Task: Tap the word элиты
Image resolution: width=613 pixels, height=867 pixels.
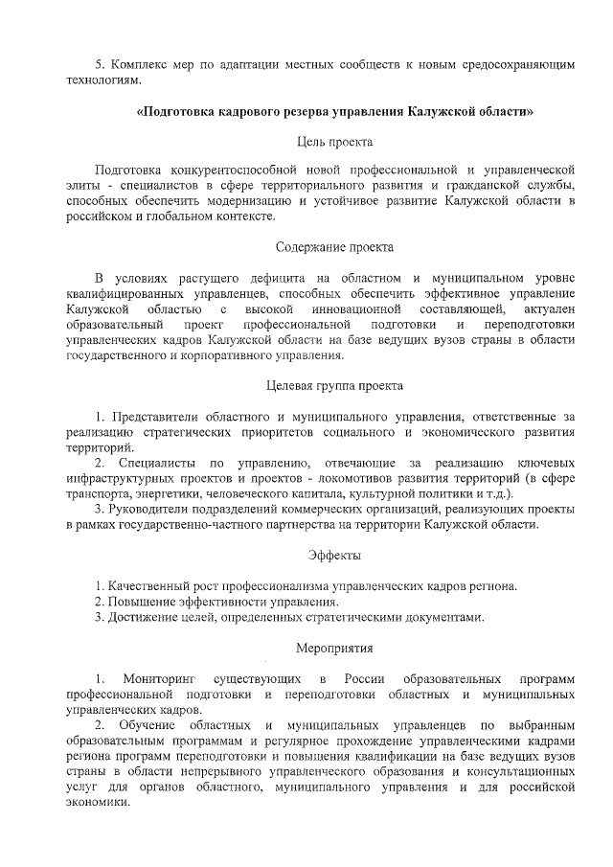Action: click(x=84, y=184)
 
